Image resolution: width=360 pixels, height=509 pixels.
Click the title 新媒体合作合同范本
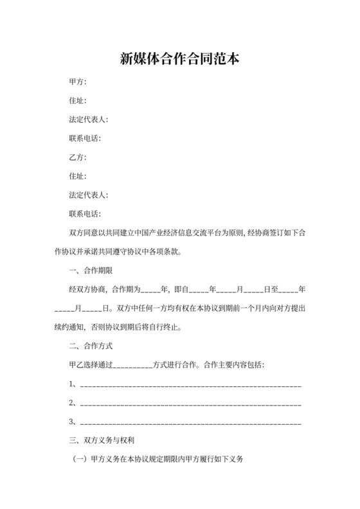(180, 59)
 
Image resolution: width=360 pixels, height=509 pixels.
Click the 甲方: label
(77, 82)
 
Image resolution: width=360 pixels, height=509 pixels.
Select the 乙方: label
(77, 157)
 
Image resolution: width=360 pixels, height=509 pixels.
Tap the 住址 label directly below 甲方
(77, 101)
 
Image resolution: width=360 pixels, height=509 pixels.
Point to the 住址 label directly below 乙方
(77, 176)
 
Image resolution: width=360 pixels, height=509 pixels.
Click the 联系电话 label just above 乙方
(85, 139)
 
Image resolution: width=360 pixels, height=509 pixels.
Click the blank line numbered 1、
(190, 386)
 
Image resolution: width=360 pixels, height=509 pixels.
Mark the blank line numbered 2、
(190, 404)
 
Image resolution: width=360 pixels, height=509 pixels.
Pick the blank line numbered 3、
(190, 423)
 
